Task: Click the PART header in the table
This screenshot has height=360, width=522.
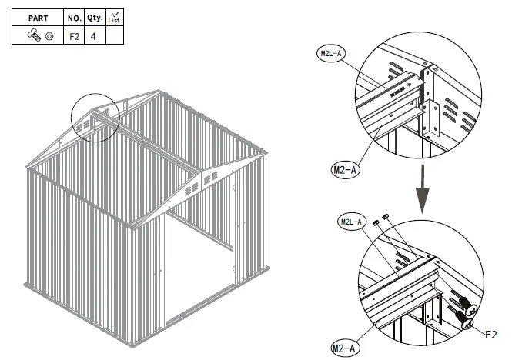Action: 38,17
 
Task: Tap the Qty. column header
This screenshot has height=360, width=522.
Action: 95,17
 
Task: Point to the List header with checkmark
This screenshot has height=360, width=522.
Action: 114,16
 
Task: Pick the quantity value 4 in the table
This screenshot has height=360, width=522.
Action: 94,35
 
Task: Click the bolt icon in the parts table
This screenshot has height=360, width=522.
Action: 35,35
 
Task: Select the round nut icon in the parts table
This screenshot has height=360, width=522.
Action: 49,35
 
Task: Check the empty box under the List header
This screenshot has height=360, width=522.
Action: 114,35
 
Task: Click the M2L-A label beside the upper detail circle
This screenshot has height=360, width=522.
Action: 333,54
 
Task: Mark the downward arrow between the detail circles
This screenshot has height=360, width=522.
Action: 422,192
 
